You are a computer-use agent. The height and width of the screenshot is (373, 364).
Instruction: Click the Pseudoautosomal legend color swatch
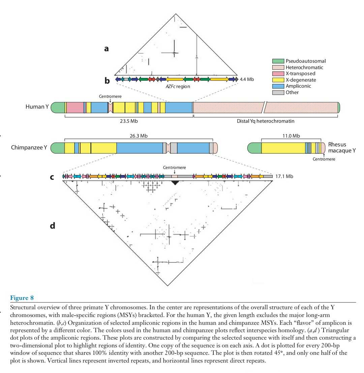pyautogui.click(x=278, y=61)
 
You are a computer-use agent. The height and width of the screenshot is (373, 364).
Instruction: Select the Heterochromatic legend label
pyautogui.click(x=304, y=67)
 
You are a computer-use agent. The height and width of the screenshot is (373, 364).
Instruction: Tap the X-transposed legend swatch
pyautogui.click(x=278, y=74)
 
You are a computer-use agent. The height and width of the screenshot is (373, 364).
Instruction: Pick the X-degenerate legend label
pyautogui.click(x=301, y=80)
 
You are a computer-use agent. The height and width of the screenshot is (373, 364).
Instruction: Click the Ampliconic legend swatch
pyautogui.click(x=278, y=86)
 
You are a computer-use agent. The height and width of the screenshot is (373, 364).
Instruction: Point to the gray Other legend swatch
pyautogui.click(x=278, y=92)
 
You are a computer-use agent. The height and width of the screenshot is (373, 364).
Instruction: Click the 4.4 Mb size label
pyautogui.click(x=247, y=79)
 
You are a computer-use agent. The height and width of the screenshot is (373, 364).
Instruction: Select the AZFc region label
pyautogui.click(x=178, y=86)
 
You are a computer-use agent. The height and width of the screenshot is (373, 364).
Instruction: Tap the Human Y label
pyautogui.click(x=37, y=107)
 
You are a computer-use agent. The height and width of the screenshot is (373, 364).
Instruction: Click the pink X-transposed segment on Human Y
pyautogui.click(x=75, y=108)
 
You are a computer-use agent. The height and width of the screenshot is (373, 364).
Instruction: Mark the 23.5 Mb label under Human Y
pyautogui.click(x=129, y=121)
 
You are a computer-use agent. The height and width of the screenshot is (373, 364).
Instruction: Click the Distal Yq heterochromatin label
pyautogui.click(x=266, y=121)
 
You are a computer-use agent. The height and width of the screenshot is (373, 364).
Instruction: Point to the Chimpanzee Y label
pyautogui.click(x=29, y=147)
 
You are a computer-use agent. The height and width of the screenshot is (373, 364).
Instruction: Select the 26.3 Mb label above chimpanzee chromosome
pyautogui.click(x=139, y=136)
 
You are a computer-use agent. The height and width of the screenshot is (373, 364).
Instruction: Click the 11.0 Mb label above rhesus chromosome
pyautogui.click(x=291, y=136)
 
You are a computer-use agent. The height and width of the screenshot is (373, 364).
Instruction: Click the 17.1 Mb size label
pyautogui.click(x=284, y=176)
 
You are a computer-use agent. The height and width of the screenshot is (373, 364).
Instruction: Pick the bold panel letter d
pyautogui.click(x=53, y=226)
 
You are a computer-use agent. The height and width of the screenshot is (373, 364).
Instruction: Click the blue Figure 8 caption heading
pyautogui.click(x=22, y=298)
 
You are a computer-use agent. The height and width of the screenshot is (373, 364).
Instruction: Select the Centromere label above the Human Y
pyautogui.click(x=110, y=96)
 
